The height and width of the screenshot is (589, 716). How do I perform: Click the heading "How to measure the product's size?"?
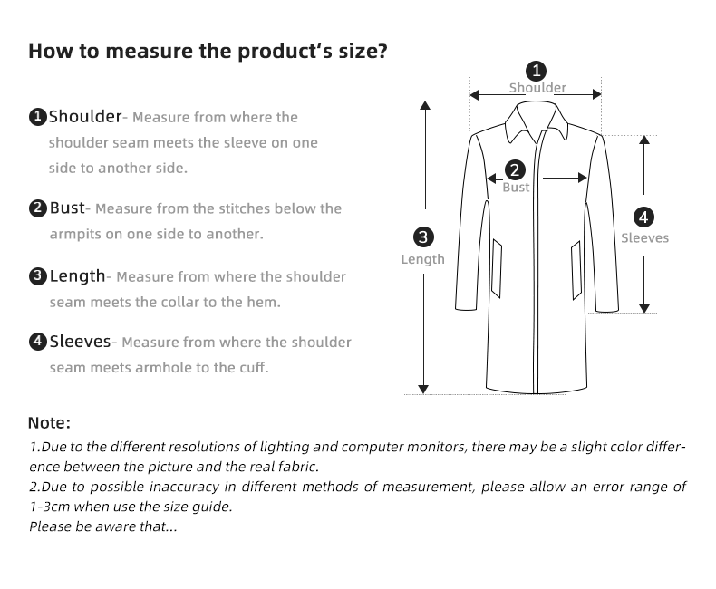pos(208,51)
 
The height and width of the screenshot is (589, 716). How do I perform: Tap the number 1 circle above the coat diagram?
pos(536,72)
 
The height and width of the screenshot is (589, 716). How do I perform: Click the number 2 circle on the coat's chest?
pos(515,169)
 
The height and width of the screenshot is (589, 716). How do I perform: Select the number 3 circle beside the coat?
pos(423,237)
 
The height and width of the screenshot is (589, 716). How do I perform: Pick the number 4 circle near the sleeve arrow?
pos(643,217)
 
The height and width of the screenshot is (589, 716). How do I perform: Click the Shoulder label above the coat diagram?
pos(537,88)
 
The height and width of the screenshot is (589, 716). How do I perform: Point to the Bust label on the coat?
pos(516,188)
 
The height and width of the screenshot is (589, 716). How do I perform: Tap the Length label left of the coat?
pos(423,259)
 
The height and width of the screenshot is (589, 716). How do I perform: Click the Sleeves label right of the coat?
pos(644,238)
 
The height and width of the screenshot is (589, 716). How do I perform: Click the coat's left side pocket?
pos(497,268)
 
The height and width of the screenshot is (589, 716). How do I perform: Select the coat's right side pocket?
pos(576,270)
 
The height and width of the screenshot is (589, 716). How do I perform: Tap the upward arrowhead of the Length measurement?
pos(425,105)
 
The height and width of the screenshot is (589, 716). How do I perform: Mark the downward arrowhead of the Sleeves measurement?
pos(644,309)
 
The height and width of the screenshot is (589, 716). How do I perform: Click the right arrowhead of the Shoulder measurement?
pos(597,94)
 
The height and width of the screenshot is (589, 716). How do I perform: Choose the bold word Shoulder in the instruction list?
pos(85,116)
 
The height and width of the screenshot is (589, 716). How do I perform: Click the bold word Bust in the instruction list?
pos(67,208)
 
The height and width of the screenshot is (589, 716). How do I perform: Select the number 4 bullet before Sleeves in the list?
pos(38,342)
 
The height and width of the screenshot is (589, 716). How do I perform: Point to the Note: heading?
pos(49,423)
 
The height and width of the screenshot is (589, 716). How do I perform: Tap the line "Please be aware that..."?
pos(102,526)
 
